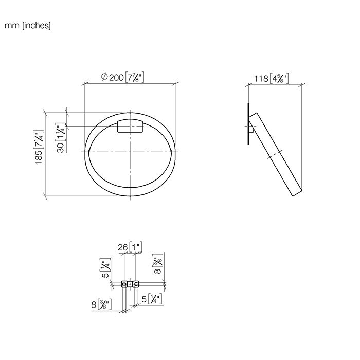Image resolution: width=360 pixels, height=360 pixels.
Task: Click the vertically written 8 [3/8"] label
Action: click(156, 265)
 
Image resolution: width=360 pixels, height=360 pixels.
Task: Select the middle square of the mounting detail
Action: click(130, 284)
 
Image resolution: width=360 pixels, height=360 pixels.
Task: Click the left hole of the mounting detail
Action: click(124, 284)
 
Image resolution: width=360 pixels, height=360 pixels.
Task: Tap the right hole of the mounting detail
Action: click(136, 284)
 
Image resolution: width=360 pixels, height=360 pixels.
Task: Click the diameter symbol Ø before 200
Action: click(104, 77)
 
